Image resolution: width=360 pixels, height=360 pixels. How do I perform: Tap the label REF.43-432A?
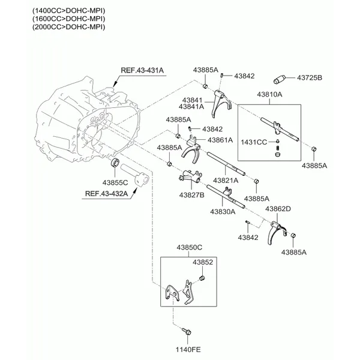pyautogui.click(x=106, y=193)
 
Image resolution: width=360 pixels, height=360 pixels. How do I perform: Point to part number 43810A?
pyautogui.click(x=270, y=95)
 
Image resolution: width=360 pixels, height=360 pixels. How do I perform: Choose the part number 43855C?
pyautogui.click(x=115, y=182)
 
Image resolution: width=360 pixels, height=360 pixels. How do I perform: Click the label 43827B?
pyautogui.click(x=191, y=195)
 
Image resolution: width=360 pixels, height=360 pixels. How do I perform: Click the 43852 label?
pyautogui.click(x=203, y=262)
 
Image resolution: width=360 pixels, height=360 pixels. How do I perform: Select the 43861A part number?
pyautogui.click(x=220, y=140)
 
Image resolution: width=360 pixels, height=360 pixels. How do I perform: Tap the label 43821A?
pyautogui.click(x=226, y=180)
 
